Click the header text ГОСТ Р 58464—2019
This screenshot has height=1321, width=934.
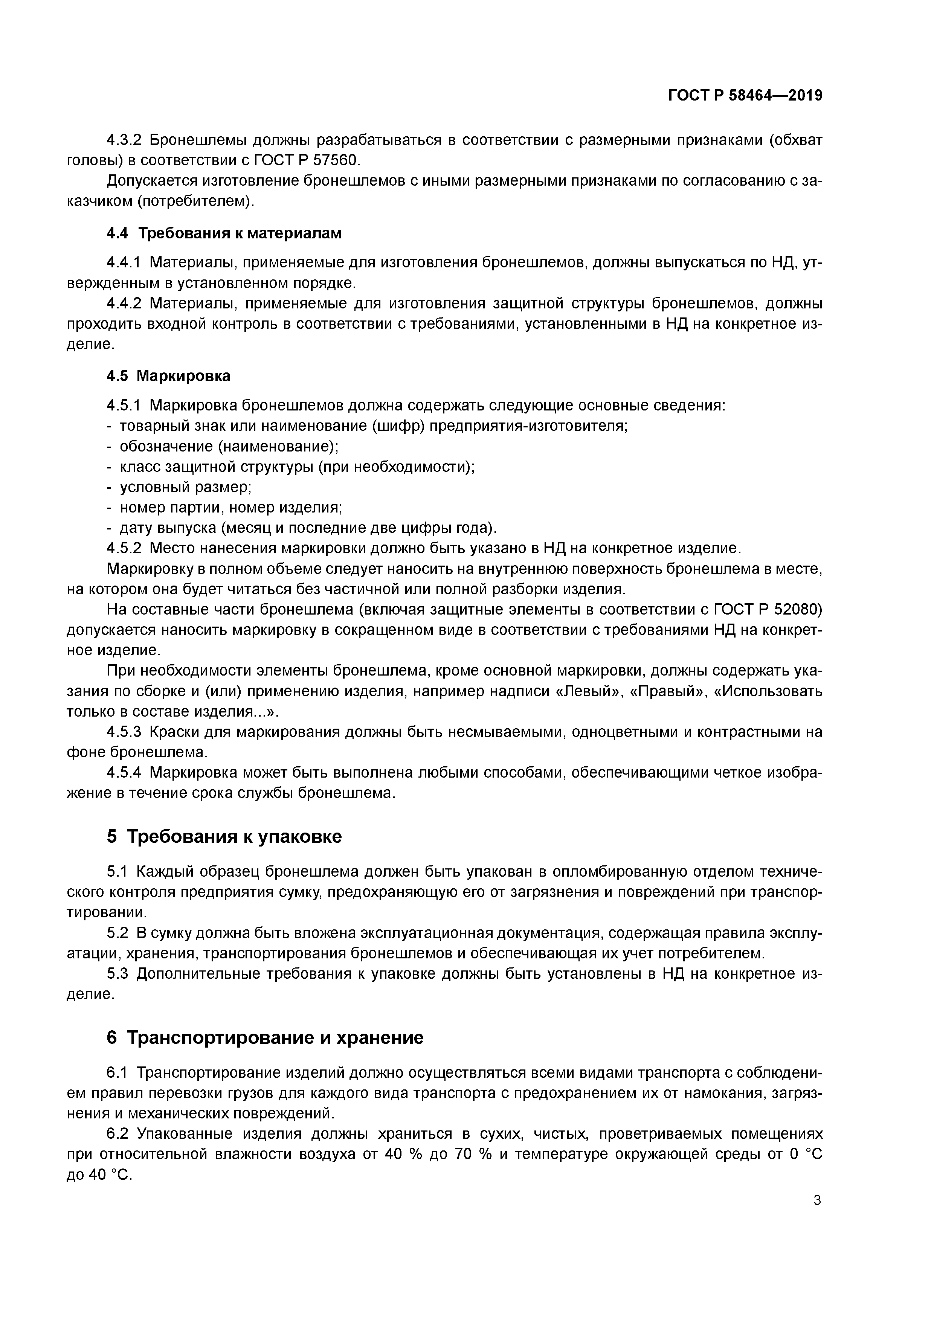point(745,96)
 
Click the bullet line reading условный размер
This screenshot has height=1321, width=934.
point(185,487)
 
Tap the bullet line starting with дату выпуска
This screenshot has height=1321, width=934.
point(307,528)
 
